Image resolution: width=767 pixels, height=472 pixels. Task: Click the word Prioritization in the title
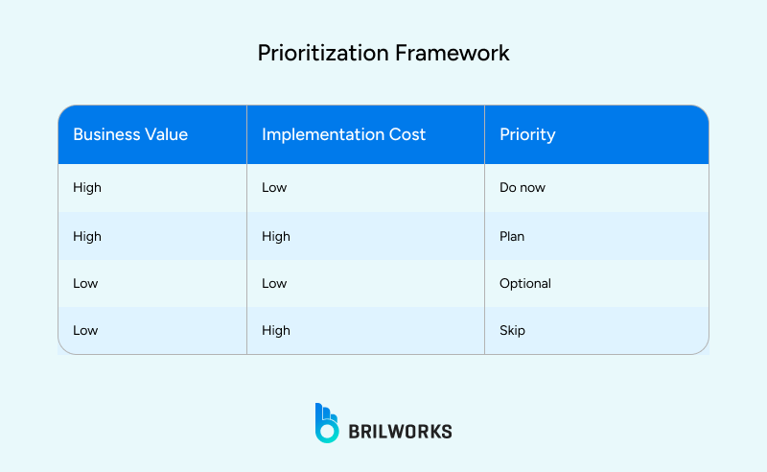(323, 53)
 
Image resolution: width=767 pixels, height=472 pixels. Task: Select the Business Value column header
(130, 134)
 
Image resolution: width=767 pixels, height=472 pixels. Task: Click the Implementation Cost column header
(343, 134)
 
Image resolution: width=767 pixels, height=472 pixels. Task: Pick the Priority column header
(527, 134)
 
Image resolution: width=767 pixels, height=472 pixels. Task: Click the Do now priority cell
(523, 188)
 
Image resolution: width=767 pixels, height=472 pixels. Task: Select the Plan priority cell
(512, 236)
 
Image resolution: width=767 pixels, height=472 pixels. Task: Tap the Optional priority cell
(525, 284)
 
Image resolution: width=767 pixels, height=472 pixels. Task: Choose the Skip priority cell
(512, 331)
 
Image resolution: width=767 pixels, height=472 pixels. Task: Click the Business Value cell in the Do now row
(87, 188)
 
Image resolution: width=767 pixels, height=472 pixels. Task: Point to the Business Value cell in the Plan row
(87, 236)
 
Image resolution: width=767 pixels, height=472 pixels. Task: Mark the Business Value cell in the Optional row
(85, 284)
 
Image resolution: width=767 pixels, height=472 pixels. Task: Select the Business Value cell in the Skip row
(85, 331)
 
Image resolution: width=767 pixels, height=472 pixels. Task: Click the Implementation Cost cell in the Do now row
(274, 188)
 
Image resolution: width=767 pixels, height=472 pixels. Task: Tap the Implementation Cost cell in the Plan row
(276, 236)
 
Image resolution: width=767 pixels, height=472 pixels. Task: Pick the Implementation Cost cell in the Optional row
(274, 284)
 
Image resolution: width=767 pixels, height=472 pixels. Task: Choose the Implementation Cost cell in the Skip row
(276, 331)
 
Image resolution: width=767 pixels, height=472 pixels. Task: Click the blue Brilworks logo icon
(327, 423)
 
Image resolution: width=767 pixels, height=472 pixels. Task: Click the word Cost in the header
(406, 134)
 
